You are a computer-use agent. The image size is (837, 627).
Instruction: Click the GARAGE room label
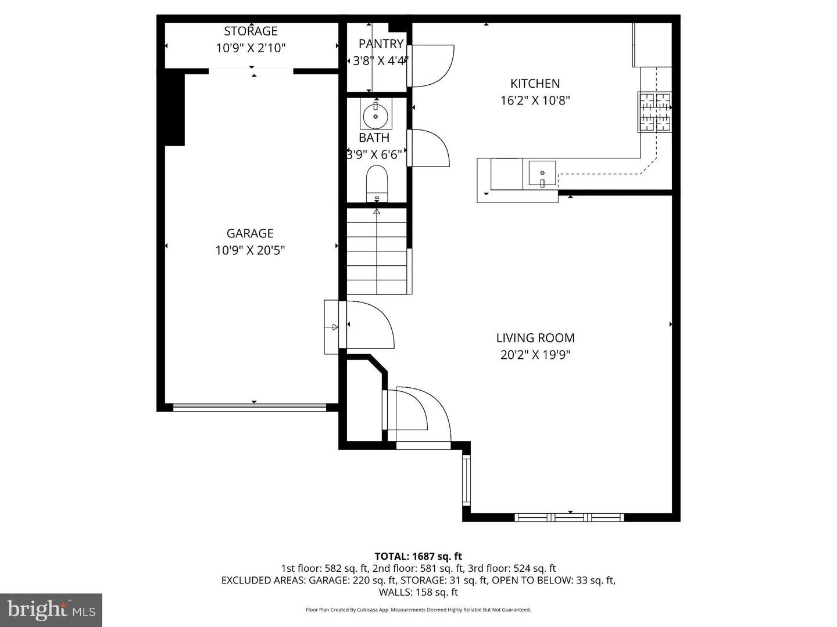click(x=250, y=233)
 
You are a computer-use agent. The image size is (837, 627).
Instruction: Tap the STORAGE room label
click(x=251, y=31)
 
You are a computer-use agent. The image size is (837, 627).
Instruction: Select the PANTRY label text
click(x=381, y=44)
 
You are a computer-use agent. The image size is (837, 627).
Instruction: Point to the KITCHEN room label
click(x=535, y=84)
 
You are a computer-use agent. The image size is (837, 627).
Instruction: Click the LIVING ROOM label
click(x=535, y=338)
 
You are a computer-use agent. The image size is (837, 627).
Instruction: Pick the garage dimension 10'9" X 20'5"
click(x=250, y=251)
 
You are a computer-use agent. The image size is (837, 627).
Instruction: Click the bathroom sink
click(x=376, y=115)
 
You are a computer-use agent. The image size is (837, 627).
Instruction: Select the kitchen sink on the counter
click(x=542, y=174)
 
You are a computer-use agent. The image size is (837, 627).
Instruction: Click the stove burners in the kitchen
click(x=655, y=112)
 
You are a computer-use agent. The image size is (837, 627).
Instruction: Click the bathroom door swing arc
click(x=430, y=148)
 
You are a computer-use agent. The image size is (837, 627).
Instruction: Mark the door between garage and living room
click(x=370, y=325)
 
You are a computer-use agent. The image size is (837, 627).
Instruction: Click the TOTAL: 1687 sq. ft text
click(x=418, y=557)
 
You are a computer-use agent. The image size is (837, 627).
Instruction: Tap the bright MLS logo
click(x=51, y=610)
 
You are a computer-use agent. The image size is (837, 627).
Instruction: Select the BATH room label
click(x=374, y=138)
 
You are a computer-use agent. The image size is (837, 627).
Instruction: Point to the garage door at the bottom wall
click(x=250, y=408)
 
